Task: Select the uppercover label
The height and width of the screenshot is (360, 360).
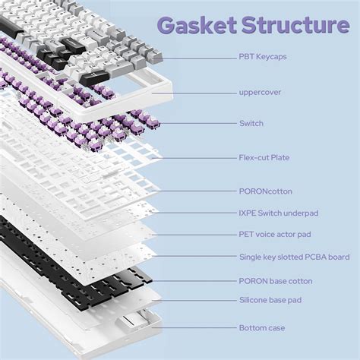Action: click(x=261, y=93)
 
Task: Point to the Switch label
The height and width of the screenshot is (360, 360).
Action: click(x=251, y=123)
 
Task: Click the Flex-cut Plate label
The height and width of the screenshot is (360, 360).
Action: click(x=264, y=157)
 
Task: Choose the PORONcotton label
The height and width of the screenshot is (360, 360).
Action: click(x=265, y=191)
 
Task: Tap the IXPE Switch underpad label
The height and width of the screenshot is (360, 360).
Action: click(x=279, y=213)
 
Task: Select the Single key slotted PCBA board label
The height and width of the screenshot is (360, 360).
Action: click(x=294, y=257)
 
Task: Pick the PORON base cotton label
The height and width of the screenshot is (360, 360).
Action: click(x=276, y=281)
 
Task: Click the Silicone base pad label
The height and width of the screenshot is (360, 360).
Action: click(x=270, y=300)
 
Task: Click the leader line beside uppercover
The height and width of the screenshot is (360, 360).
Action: click(x=205, y=93)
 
